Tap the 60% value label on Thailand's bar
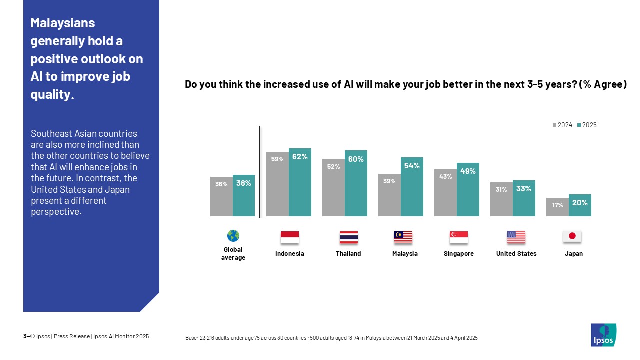click(x=356, y=159)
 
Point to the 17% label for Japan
click(x=557, y=205)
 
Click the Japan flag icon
click(x=572, y=237)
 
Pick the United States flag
click(x=516, y=237)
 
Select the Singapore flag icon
click(x=459, y=237)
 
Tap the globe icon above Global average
click(x=233, y=236)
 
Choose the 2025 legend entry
click(x=587, y=125)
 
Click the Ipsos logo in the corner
click(x=603, y=335)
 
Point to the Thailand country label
click(x=348, y=254)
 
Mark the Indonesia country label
click(x=290, y=254)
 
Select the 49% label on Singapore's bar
click(x=468, y=171)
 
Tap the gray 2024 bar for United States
click(x=501, y=199)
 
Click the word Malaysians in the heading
click(x=63, y=23)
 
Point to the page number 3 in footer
click(x=25, y=336)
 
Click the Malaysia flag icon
click(x=403, y=237)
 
